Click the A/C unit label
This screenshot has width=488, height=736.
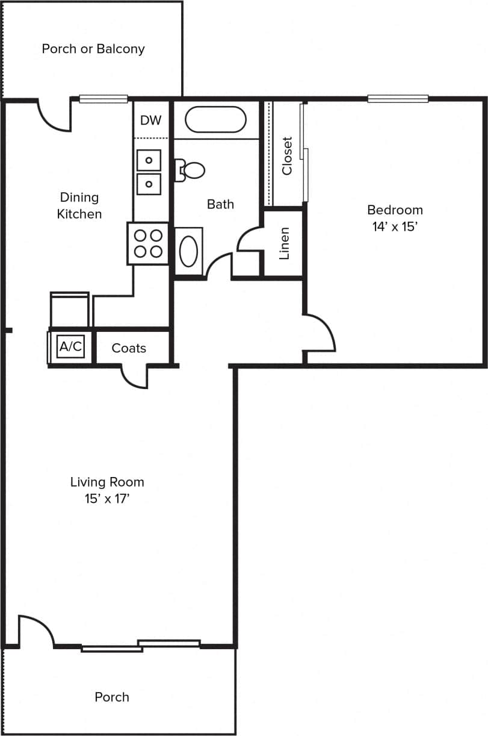[70, 346]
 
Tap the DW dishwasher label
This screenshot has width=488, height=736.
[150, 120]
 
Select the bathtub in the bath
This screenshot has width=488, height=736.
[215, 119]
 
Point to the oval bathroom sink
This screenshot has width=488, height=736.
[188, 251]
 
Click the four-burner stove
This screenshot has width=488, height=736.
[148, 243]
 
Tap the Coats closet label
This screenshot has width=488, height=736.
[129, 348]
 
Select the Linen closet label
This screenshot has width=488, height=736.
[285, 243]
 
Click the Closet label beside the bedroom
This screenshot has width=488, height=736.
[287, 155]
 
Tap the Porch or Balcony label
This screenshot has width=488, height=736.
[93, 49]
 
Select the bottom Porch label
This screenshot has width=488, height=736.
[112, 697]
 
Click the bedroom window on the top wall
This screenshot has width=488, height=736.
[398, 99]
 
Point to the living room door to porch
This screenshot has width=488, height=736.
[36, 631]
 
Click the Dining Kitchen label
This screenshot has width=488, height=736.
[79, 205]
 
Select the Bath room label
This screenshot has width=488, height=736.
[220, 204]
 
